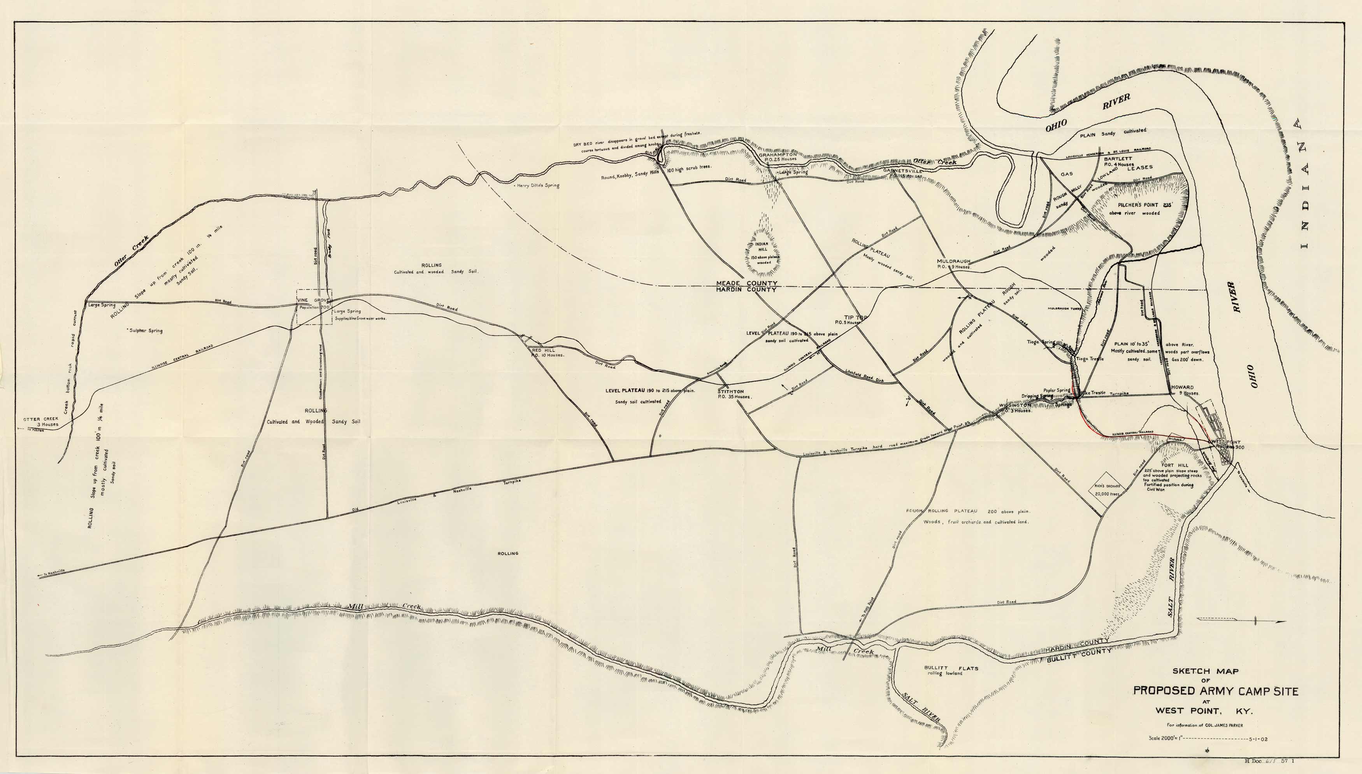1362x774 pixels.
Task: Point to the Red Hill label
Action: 543,350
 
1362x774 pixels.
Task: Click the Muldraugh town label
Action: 953,261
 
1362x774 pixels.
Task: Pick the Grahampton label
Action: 778,155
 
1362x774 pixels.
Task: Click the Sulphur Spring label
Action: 145,331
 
